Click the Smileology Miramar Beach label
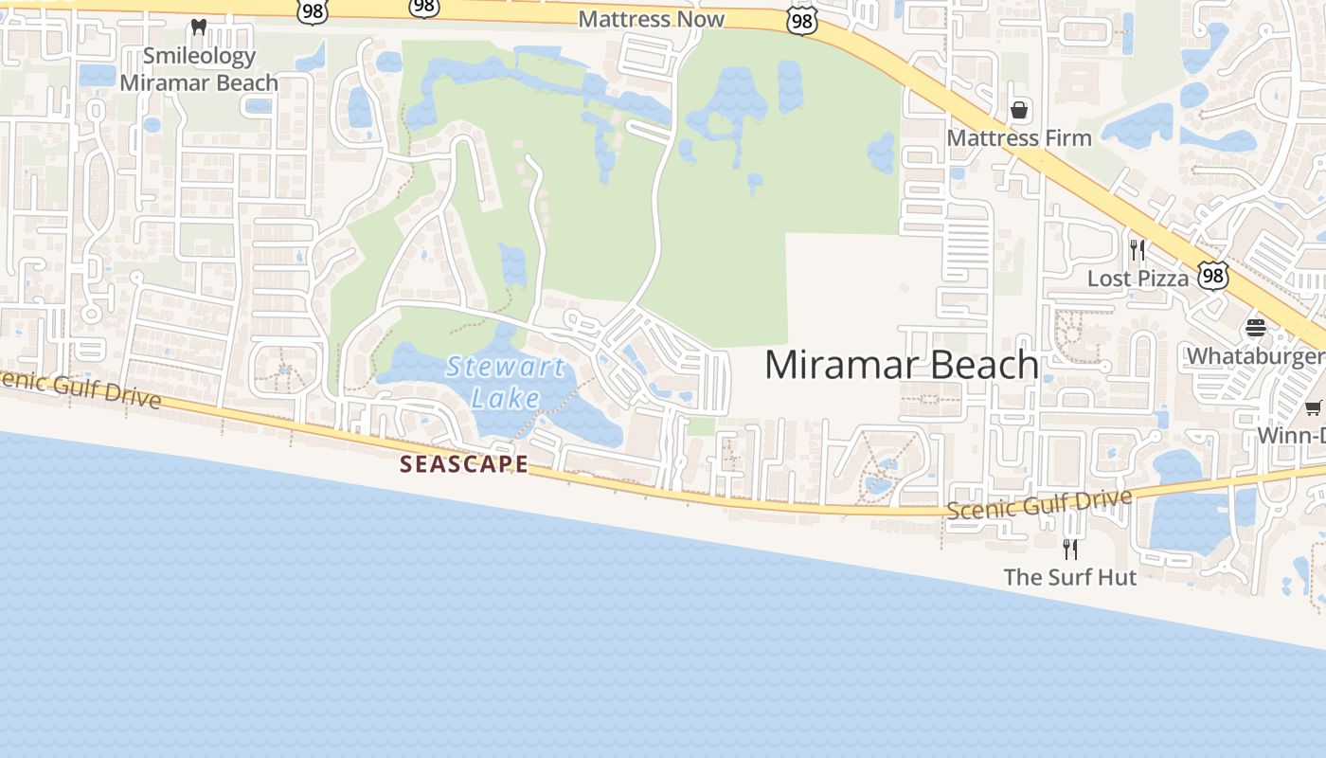[199, 69]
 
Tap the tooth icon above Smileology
[199, 27]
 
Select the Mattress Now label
[651, 19]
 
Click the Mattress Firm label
[1019, 138]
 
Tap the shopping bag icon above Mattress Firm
[1019, 111]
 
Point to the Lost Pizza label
[1138, 279]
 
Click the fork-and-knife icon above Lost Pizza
[1138, 250]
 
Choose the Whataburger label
[1255, 356]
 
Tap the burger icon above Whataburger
[1256, 329]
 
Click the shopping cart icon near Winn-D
[1313, 407]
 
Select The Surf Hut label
[1070, 577]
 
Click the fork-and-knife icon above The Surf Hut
[1070, 549]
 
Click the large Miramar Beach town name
[901, 365]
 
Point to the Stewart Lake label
[506, 382]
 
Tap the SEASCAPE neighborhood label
[464, 464]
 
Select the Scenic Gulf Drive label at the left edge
[81, 388]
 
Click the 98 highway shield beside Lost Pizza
[1213, 276]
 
